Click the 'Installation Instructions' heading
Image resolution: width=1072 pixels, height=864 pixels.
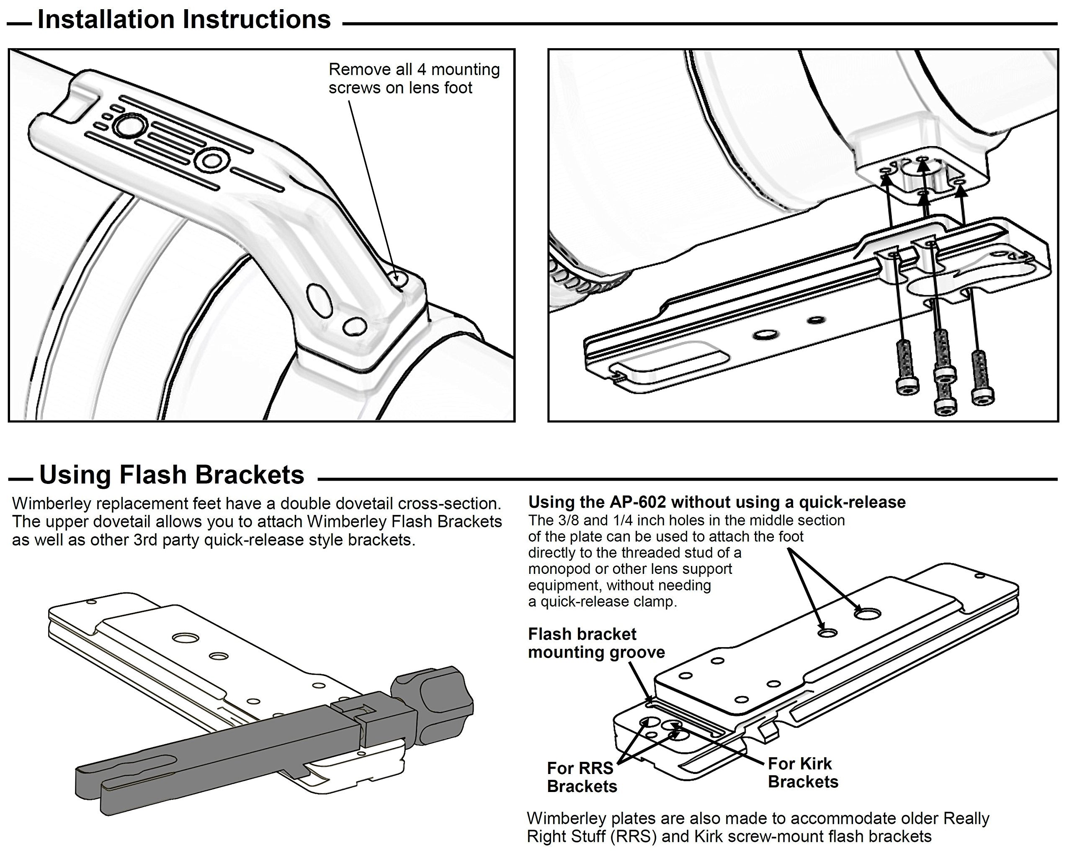click(184, 20)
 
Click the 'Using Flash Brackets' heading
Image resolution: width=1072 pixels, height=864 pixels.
click(171, 475)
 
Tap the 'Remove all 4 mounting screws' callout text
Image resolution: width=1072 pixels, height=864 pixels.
click(414, 78)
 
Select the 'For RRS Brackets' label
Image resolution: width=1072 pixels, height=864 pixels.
click(582, 777)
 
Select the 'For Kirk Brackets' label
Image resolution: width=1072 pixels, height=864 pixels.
click(803, 772)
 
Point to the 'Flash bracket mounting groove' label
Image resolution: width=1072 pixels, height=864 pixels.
click(596, 643)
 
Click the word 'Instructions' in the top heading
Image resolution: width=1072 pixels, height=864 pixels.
click(257, 20)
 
